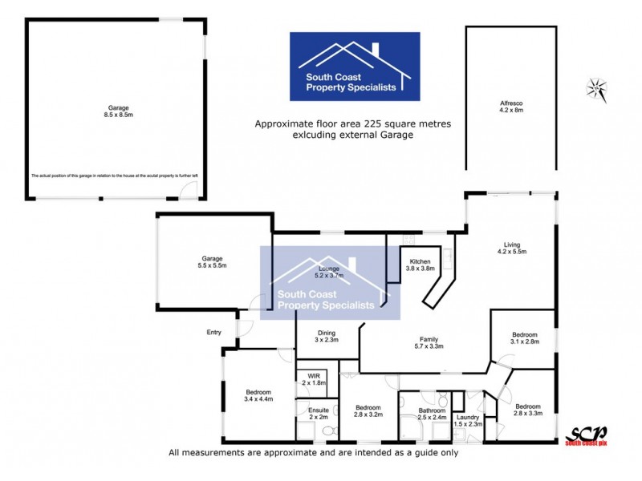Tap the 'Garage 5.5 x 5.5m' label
tap(212, 262)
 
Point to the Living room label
tap(511, 249)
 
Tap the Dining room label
tap(326, 337)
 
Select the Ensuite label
tap(319, 413)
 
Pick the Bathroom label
tap(431, 414)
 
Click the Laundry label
tap(467, 420)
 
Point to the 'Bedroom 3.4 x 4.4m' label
tap(258, 394)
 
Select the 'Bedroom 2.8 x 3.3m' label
tap(529, 410)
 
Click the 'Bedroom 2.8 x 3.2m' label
tap(368, 410)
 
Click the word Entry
tap(213, 332)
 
